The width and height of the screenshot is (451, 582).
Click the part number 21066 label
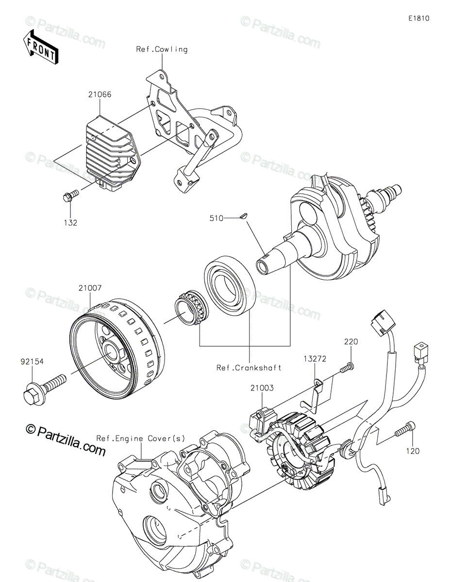point(100,95)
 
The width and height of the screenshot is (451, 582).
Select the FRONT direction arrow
point(40,47)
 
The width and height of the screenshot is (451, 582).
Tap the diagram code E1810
point(418,18)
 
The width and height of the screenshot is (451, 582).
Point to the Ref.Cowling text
point(162,49)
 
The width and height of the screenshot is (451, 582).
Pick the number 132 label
point(70,223)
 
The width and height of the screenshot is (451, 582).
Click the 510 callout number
point(216,218)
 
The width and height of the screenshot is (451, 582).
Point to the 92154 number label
point(32,362)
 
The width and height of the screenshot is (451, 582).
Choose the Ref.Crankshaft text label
point(249,368)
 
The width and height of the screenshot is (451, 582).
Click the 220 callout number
point(351,341)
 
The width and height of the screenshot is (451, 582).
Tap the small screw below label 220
point(347,366)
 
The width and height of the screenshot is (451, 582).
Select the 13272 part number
point(315,358)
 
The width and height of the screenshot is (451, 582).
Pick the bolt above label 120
point(405,429)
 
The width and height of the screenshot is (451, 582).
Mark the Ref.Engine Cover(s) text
point(141,438)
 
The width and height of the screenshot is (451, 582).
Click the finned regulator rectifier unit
point(113,153)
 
